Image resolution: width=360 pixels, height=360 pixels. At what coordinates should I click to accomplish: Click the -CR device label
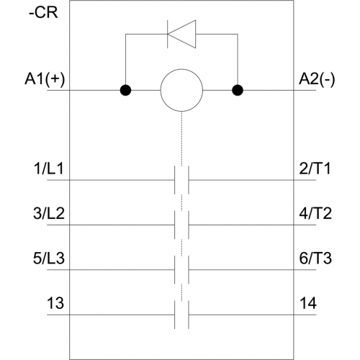point(43,12)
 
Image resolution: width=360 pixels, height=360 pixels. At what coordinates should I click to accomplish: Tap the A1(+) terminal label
point(45,79)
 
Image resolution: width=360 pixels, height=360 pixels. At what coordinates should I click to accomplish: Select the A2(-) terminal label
point(317,79)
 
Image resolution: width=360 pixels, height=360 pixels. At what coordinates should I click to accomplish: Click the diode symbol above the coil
point(181,34)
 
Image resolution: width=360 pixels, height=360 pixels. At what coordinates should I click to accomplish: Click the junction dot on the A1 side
point(125,90)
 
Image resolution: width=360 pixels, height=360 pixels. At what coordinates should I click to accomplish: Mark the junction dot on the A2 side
point(238,90)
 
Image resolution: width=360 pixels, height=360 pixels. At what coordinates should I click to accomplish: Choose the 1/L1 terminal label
point(49,168)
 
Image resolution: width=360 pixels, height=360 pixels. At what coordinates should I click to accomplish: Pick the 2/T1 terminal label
point(315,168)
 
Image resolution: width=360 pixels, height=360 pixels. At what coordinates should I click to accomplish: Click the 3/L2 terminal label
point(49,213)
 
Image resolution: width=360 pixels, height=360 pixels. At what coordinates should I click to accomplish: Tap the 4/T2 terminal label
point(315,213)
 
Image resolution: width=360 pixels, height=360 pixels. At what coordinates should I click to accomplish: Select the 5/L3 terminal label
point(49,258)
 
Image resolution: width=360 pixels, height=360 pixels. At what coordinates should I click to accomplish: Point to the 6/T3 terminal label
point(315,258)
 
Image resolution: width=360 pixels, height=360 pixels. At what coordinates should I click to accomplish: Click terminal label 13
point(55,303)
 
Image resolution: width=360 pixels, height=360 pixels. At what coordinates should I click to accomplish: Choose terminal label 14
point(308,303)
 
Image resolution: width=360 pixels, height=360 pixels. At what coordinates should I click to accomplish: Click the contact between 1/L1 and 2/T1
point(181,180)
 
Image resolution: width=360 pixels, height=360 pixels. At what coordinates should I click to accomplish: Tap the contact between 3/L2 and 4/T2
point(181,225)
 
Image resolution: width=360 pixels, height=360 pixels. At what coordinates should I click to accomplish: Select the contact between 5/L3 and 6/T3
point(181,270)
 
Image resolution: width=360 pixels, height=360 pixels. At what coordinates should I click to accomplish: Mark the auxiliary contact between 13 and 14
point(181,315)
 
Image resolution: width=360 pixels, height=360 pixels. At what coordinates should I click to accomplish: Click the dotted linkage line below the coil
point(181,139)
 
